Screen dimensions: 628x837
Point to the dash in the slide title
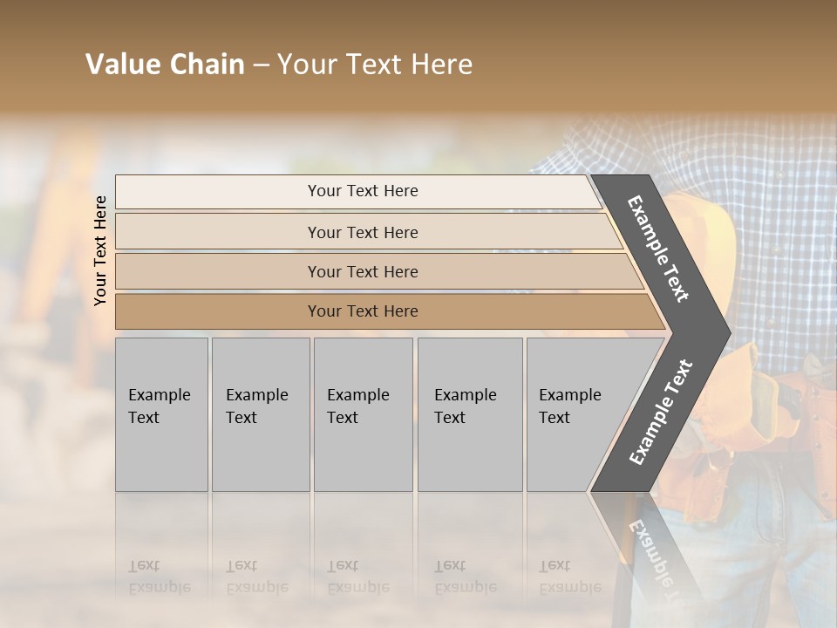tap(261, 65)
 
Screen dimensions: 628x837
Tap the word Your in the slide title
tap(304, 65)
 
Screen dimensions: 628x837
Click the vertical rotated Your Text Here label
tap(100, 250)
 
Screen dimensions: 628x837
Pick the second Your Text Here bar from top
tap(362, 232)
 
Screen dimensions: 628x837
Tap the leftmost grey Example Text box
tap(161, 414)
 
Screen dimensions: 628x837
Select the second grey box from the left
tap(261, 414)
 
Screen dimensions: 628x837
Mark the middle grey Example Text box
tap(363, 414)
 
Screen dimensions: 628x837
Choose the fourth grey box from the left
tap(470, 414)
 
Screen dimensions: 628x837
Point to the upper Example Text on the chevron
tap(658, 249)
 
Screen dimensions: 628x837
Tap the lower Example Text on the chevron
tap(660, 413)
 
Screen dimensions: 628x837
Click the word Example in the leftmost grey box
tap(159, 395)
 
